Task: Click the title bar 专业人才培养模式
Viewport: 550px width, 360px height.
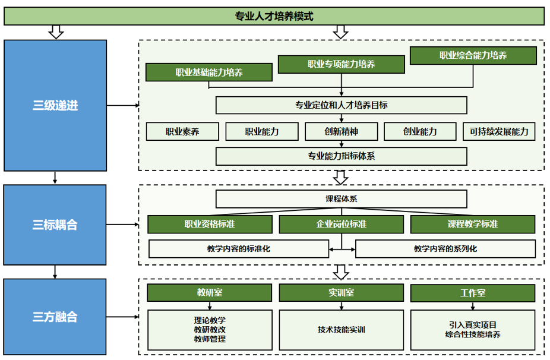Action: pos(274,17)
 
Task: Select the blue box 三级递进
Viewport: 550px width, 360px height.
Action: pos(55,106)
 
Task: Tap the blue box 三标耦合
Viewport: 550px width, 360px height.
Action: pos(55,225)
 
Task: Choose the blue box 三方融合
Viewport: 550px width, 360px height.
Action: pos(55,317)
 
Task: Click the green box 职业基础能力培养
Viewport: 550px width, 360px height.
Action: pos(209,72)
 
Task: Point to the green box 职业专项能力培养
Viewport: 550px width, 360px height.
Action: pos(341,64)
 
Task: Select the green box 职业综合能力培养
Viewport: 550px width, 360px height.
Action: pos(473,56)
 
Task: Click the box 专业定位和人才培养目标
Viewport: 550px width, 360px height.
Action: pos(341,106)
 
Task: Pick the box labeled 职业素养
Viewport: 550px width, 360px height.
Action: pos(182,131)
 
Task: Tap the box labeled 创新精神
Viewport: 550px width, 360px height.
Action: pos(341,131)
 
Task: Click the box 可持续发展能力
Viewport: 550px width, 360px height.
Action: pos(499,131)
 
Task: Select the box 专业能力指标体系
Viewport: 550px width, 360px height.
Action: pos(341,156)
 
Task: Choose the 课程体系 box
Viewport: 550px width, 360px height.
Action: pos(341,199)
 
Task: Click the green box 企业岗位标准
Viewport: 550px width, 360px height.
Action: pos(341,224)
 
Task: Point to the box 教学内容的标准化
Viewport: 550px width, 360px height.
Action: pos(238,248)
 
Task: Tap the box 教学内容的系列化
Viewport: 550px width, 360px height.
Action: pos(445,248)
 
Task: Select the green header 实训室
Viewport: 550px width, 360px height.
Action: pos(341,293)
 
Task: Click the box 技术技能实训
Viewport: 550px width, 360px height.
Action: pos(341,330)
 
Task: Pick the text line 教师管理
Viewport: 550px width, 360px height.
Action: pos(210,339)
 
